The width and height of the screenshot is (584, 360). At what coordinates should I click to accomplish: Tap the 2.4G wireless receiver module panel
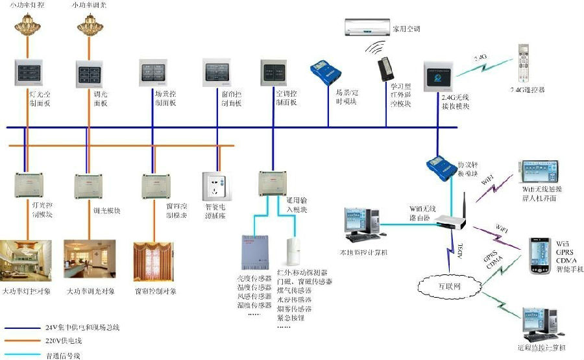438,77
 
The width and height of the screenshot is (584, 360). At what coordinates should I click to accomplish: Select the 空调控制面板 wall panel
273,73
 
